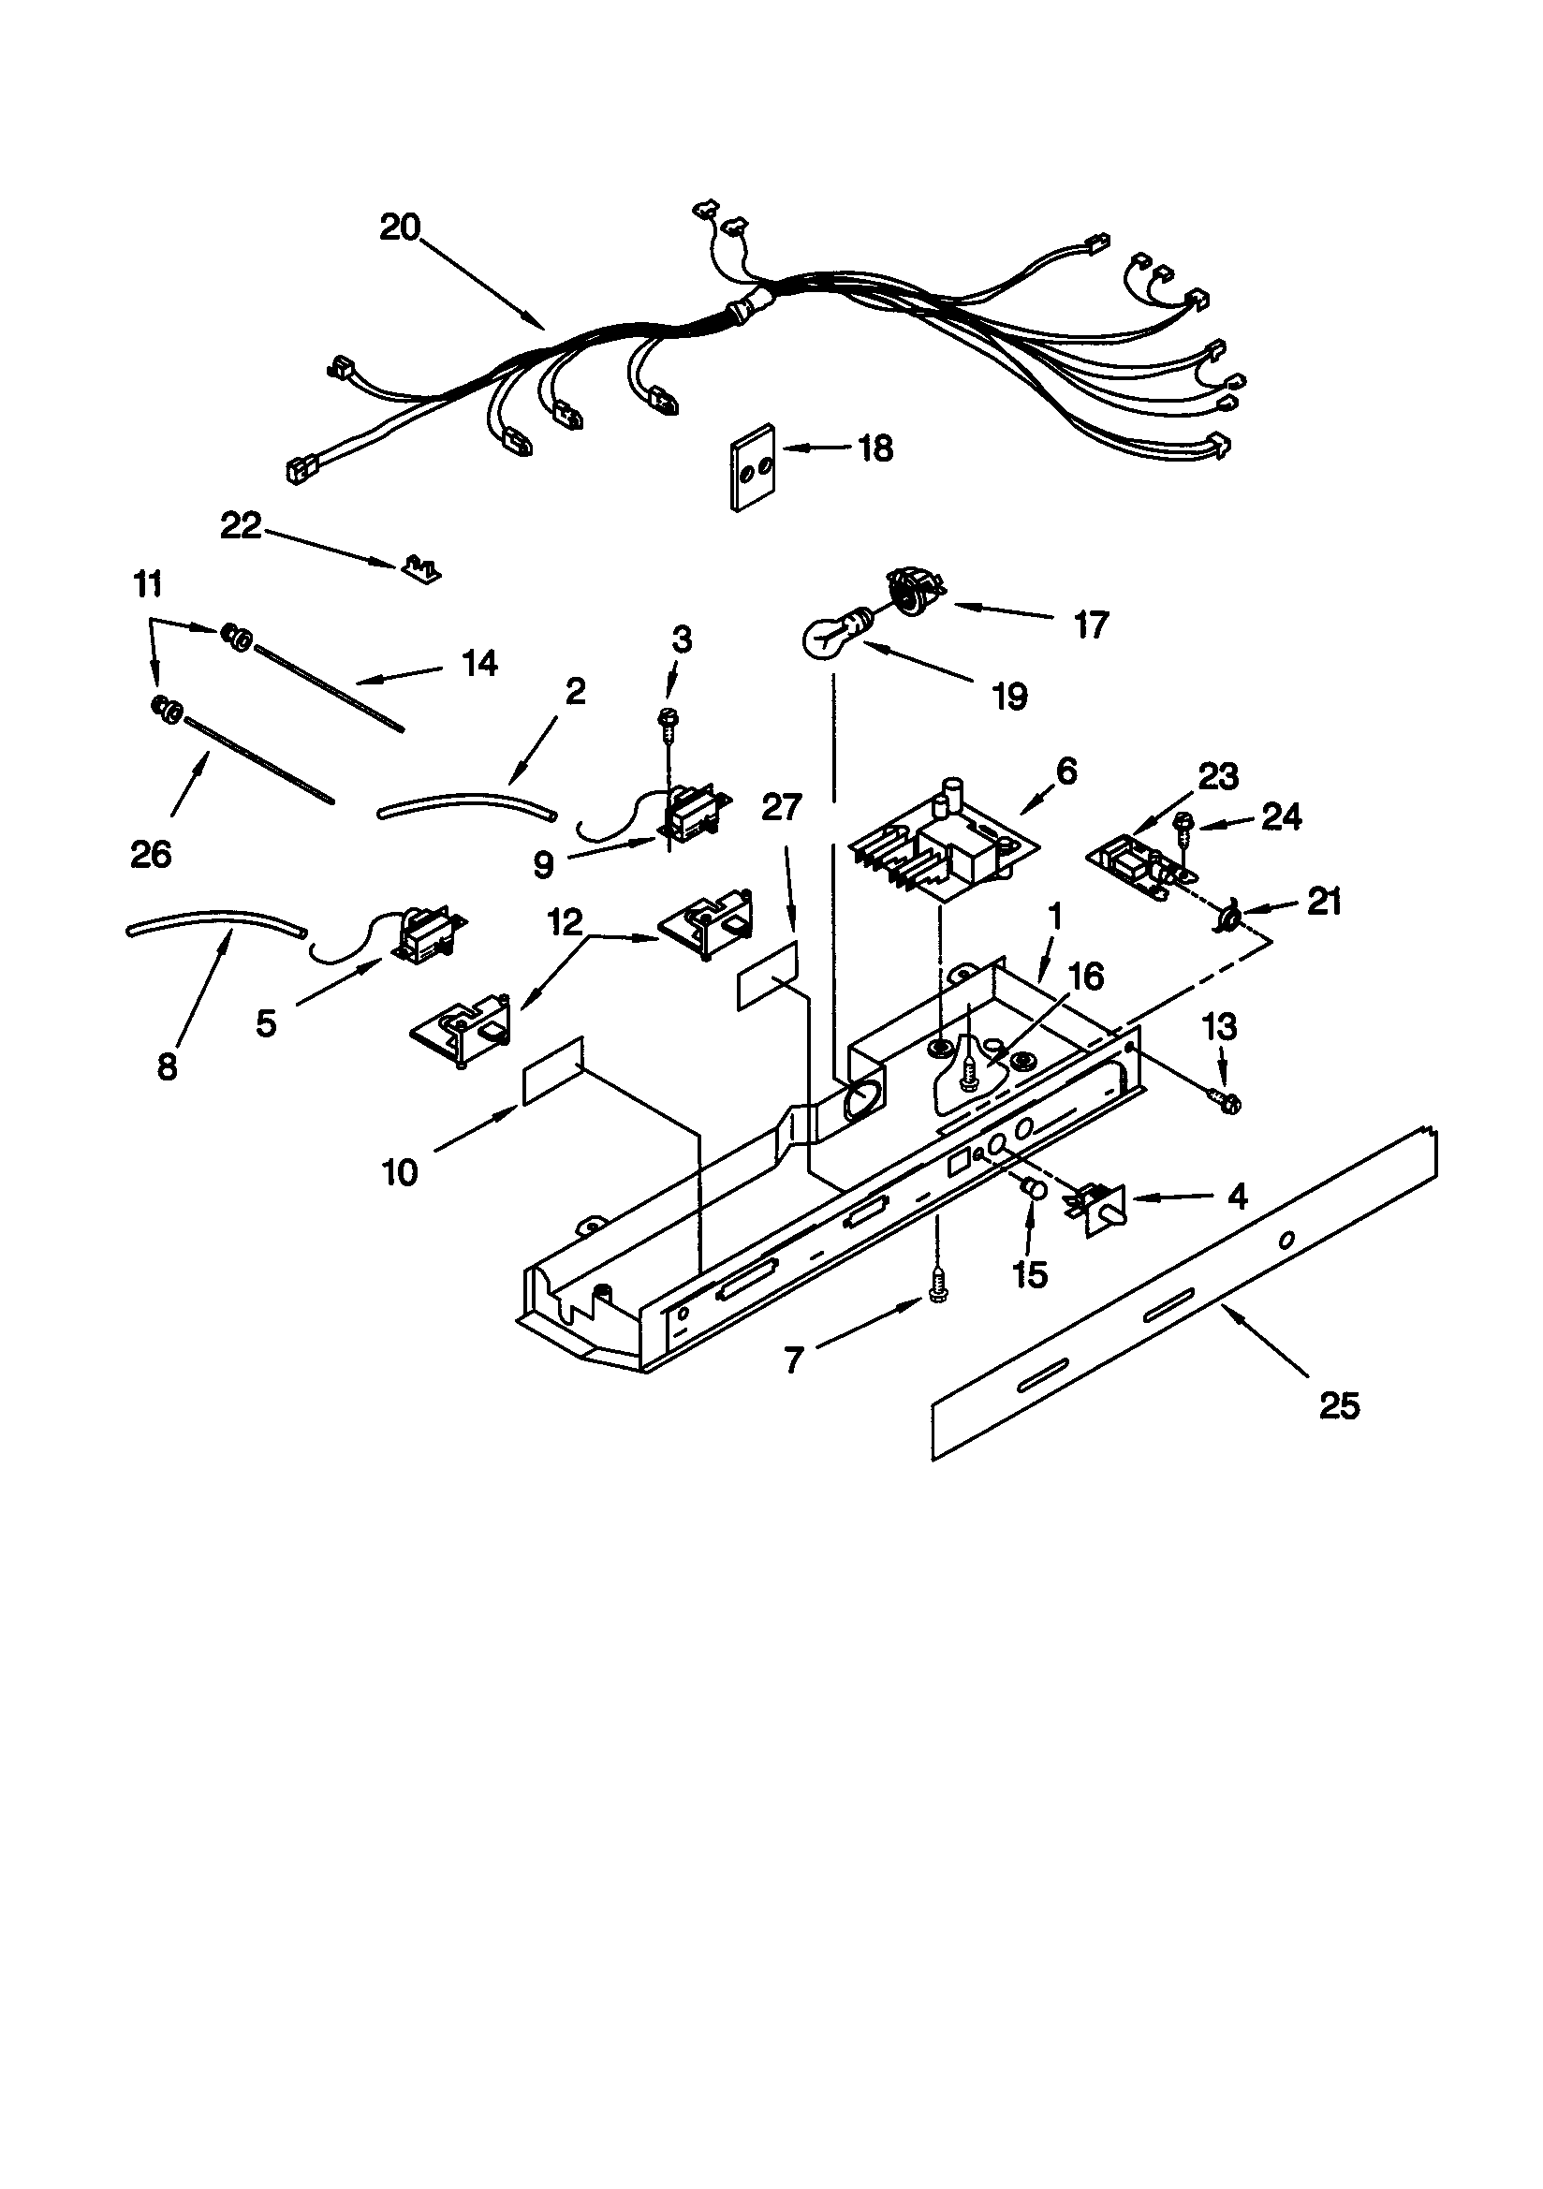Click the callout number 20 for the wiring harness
(x=400, y=228)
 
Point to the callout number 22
(x=241, y=525)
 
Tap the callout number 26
(x=151, y=854)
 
